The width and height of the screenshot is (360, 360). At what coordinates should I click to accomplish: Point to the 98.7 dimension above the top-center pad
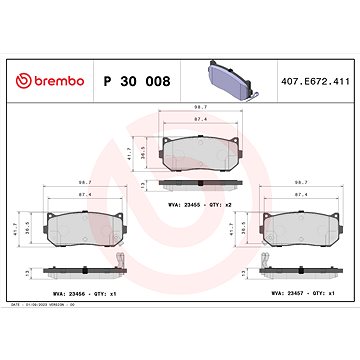[199, 105]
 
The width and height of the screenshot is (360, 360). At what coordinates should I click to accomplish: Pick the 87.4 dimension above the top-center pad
[199, 118]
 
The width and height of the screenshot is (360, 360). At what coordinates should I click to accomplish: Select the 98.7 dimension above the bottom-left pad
[85, 182]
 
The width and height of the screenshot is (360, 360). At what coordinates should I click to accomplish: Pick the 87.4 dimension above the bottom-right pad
[300, 194]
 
